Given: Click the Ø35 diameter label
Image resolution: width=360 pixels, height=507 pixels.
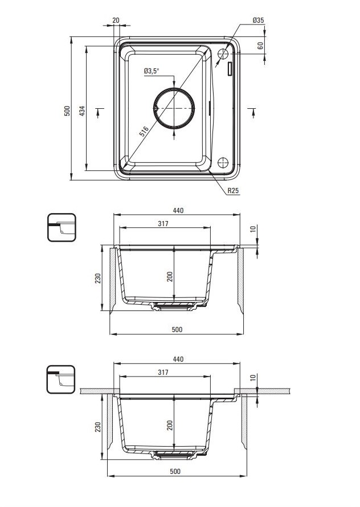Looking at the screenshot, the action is (x=258, y=21).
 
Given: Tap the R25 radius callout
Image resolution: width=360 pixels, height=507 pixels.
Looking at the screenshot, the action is (x=233, y=190).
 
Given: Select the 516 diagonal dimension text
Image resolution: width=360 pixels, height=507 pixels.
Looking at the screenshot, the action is (x=144, y=132).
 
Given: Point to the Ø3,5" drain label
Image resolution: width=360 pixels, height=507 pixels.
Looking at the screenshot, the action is (x=152, y=71).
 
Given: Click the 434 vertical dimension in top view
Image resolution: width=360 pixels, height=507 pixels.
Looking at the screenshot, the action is (x=82, y=111).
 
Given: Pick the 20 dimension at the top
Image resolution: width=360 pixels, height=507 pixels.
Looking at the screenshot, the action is (x=116, y=21).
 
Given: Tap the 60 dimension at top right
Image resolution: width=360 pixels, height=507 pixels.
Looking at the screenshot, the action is (x=261, y=45).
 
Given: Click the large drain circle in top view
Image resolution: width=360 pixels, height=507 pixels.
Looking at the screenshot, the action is (x=174, y=108).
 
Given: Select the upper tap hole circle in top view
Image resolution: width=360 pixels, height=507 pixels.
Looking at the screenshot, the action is (x=223, y=54).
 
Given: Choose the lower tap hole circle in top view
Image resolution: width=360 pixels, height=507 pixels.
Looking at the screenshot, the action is (x=223, y=162).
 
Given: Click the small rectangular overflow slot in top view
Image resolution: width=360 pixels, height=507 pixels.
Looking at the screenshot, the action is (x=230, y=69).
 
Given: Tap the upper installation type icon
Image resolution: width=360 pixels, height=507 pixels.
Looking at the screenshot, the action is (x=62, y=227).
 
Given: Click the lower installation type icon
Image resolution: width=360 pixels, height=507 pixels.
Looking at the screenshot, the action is (x=61, y=379).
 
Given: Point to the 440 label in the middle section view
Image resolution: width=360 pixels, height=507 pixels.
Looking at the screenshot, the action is (x=178, y=211).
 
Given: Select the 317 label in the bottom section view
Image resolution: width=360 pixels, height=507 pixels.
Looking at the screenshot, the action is (x=163, y=372).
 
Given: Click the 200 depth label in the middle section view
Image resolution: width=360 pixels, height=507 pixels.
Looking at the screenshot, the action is (x=170, y=276).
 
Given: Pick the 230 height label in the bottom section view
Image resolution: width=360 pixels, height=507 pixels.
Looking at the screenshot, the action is (x=98, y=427).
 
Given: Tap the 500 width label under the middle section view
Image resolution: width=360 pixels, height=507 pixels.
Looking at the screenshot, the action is (x=177, y=329).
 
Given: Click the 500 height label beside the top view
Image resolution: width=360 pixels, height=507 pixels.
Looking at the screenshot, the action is (x=67, y=111).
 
